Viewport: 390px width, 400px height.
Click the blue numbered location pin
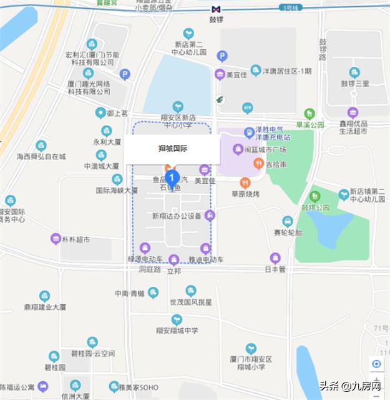(x=173, y=178)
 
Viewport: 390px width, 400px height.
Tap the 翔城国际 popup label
(x=173, y=149)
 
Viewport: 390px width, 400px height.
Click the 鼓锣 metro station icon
(x=216, y=10)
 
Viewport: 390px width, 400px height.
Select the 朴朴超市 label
(x=76, y=239)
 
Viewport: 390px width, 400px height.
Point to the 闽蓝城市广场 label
(x=265, y=149)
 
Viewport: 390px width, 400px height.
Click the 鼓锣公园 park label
(x=315, y=207)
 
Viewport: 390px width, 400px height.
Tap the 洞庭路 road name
(x=150, y=270)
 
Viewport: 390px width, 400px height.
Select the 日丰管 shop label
(x=275, y=269)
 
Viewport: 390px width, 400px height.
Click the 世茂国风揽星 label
(x=191, y=302)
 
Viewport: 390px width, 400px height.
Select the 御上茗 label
(x=117, y=113)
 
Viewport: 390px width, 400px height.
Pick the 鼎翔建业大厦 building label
(x=45, y=307)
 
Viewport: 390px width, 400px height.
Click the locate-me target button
(x=376, y=364)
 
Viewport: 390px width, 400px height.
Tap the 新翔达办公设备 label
(x=177, y=216)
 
